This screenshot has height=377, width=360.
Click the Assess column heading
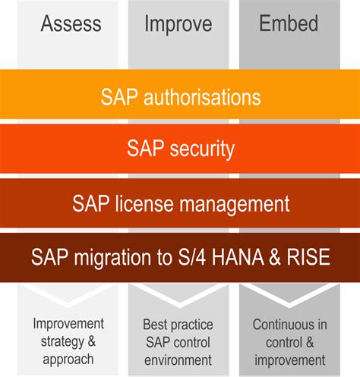71,24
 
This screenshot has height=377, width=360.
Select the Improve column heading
178,24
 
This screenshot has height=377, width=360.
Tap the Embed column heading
288,24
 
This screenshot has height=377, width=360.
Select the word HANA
239,258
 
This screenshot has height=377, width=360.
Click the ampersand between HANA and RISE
276,258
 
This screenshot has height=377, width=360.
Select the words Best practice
178,324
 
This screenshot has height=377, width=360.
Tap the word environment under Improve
178,358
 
